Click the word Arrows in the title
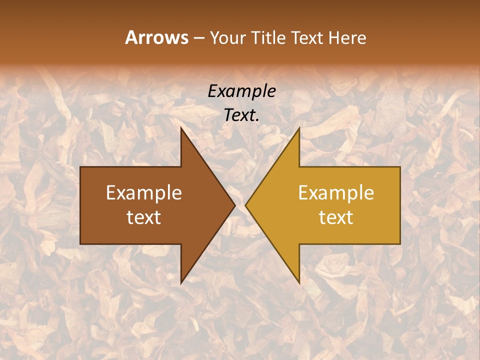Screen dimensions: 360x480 pos(156,37)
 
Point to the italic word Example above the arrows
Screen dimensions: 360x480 pos(241,91)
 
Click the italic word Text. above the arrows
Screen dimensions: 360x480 pos(241,115)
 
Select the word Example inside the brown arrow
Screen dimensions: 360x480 pos(144,193)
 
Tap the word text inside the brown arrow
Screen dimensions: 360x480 pos(144,217)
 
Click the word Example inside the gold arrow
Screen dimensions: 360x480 pos(336,193)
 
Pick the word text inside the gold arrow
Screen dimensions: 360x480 pos(336,217)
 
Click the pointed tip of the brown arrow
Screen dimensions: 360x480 pos(234,205)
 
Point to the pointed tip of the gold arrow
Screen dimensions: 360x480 pos(246,205)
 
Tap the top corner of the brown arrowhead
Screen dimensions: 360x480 pos(181,128)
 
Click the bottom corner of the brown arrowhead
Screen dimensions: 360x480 pos(181,282)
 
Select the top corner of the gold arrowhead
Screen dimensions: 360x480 pos(299,128)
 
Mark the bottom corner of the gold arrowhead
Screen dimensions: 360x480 pos(299,282)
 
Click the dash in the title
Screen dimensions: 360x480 pos(198,38)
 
